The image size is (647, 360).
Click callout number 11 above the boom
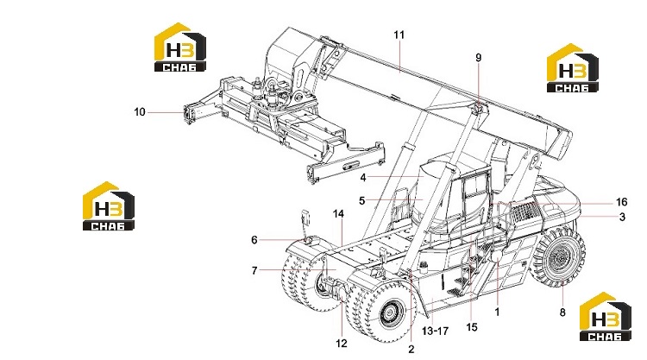(399, 35)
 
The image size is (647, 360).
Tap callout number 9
(478, 57)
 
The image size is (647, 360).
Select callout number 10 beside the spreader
(140, 112)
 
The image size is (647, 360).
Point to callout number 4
(362, 178)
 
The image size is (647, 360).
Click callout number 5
(361, 200)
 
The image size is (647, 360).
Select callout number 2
(411, 349)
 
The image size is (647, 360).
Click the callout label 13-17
(435, 331)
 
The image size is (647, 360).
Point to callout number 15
(472, 327)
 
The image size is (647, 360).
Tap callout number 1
(497, 312)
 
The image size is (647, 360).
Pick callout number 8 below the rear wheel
(562, 313)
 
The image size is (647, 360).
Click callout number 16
(621, 202)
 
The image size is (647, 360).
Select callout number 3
(622, 217)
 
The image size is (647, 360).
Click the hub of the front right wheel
(390, 313)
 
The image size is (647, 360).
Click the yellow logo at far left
(109, 205)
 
